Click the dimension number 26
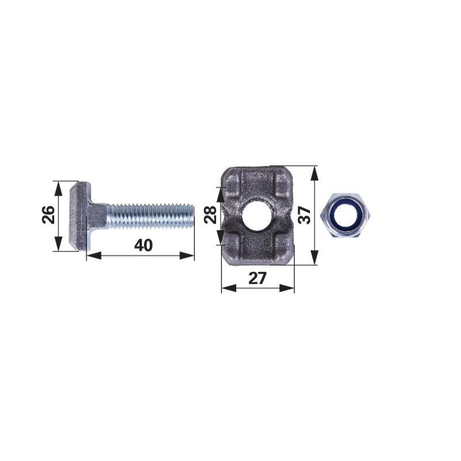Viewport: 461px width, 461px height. [x=49, y=215]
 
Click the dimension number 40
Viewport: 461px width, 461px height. [x=143, y=245]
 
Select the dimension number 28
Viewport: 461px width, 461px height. [x=211, y=215]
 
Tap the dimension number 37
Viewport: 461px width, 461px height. [x=305, y=215]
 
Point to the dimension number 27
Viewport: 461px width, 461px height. [x=257, y=278]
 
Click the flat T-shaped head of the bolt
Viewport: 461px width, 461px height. [x=79, y=216]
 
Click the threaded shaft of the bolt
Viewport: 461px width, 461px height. [x=150, y=217]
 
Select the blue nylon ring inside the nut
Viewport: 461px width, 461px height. [x=345, y=216]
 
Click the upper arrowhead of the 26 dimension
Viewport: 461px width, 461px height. [x=59, y=188]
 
